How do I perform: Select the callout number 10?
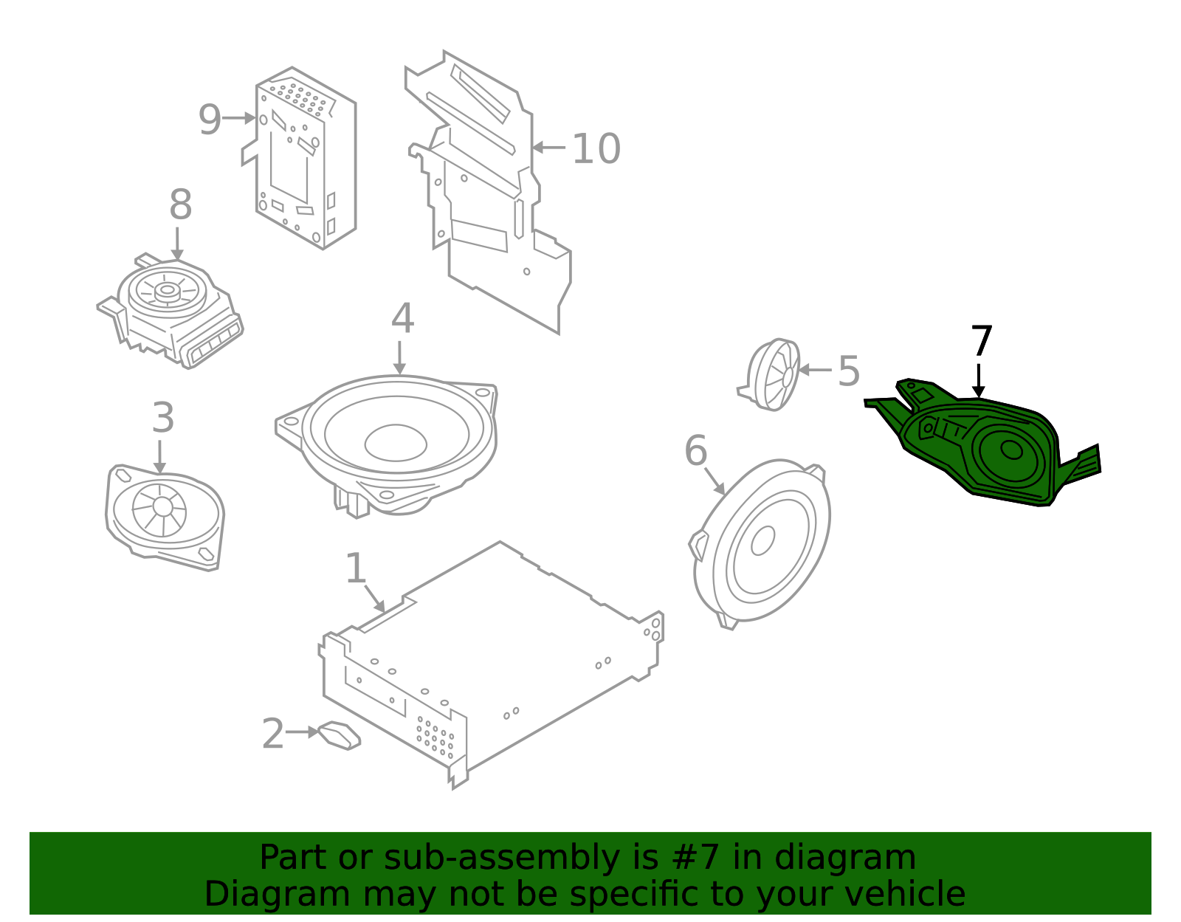click(x=596, y=148)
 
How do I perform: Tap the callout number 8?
click(x=180, y=204)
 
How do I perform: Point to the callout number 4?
click(x=402, y=318)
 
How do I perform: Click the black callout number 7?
click(x=982, y=340)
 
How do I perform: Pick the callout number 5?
click(x=849, y=371)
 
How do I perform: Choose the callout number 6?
click(x=695, y=450)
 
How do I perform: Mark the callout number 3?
click(x=163, y=417)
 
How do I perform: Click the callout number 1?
click(x=356, y=568)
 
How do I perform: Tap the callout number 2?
click(x=273, y=734)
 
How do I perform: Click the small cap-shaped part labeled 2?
click(x=339, y=736)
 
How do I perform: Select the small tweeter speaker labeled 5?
click(x=769, y=374)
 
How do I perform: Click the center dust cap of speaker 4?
click(x=395, y=443)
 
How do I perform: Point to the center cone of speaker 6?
click(x=762, y=540)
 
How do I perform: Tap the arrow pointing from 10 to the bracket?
click(x=548, y=147)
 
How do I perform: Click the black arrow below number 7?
click(x=978, y=381)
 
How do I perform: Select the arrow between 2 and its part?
click(x=302, y=732)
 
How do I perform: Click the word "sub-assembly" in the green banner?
click(x=501, y=857)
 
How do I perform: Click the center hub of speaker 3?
click(x=162, y=506)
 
